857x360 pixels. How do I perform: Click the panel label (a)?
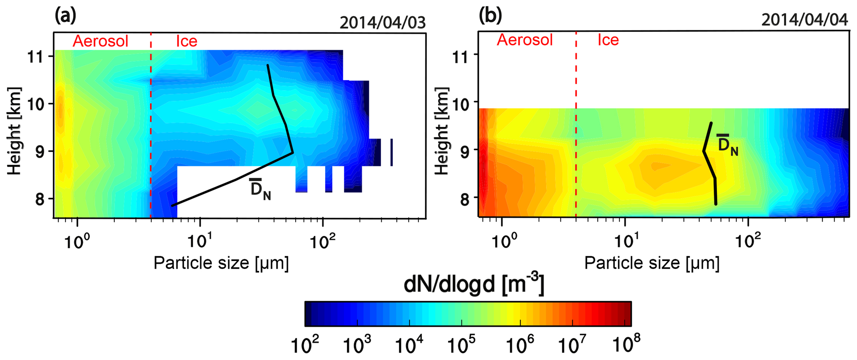[65, 17]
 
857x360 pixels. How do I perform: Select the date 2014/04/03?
[382, 23]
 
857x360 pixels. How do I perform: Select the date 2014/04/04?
[804, 19]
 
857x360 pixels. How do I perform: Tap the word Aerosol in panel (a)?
[100, 41]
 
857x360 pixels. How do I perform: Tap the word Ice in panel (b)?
[608, 40]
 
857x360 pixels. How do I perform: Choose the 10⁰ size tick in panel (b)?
[503, 240]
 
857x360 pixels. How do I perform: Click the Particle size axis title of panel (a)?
[221, 263]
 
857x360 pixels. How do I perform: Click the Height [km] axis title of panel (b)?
[442, 131]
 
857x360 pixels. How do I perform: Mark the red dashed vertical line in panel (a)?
[151, 124]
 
